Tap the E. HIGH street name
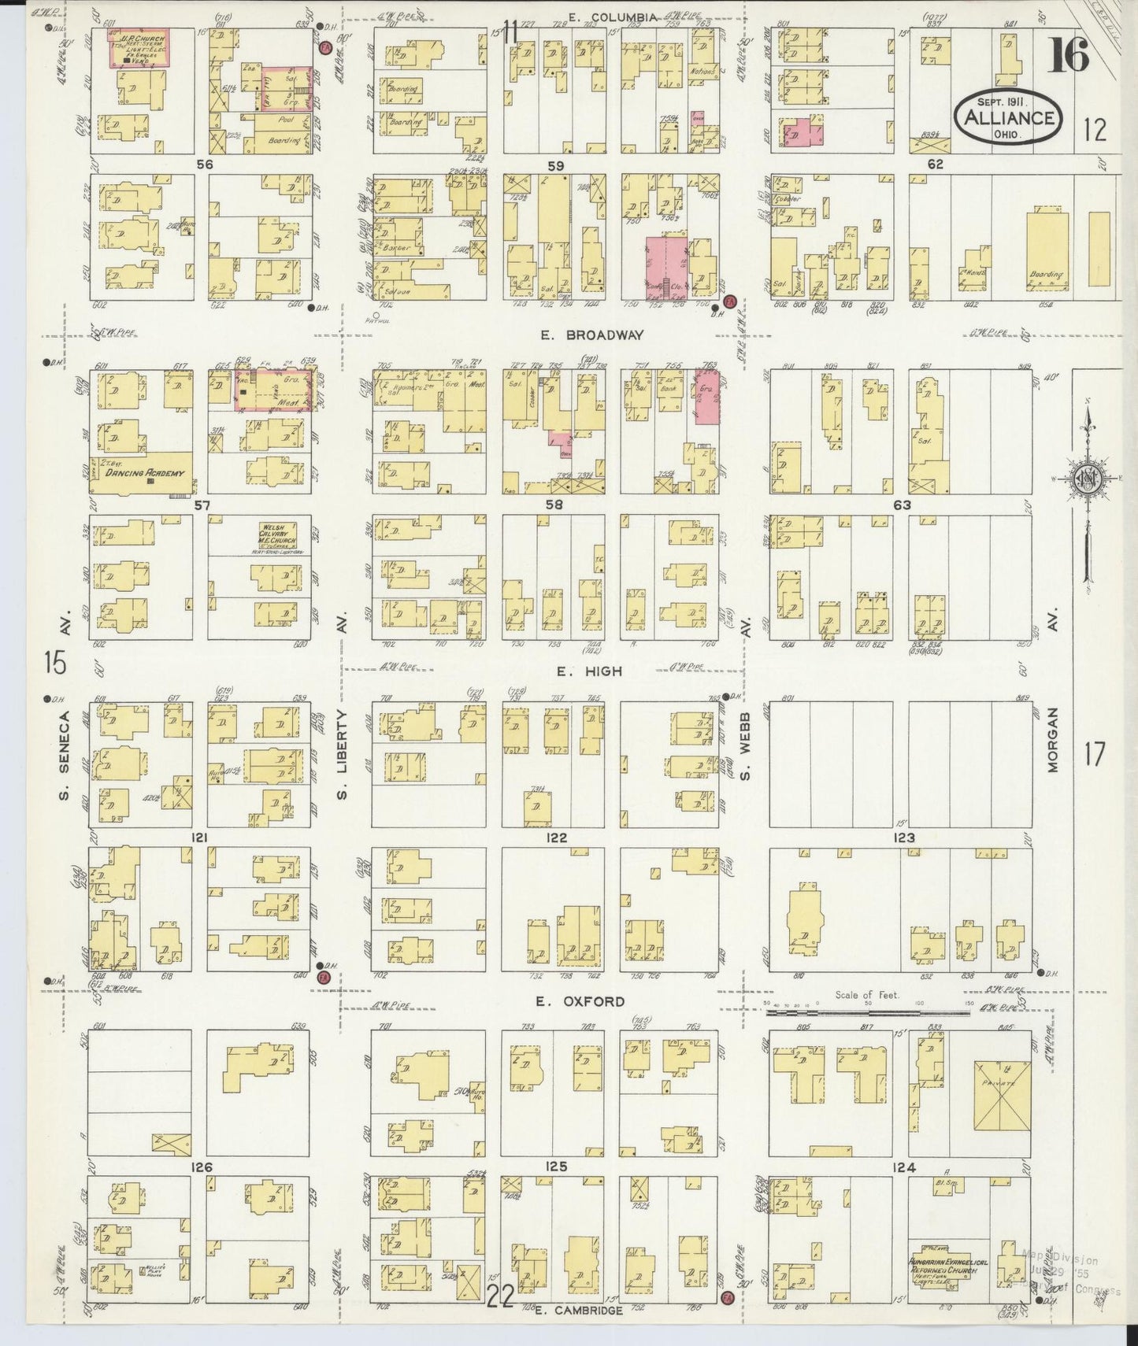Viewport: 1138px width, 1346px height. [x=600, y=671]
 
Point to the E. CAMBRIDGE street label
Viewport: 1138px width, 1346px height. [x=579, y=1310]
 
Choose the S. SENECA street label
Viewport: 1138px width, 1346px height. [x=67, y=754]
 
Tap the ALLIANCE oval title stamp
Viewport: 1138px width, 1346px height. [x=1006, y=118]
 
